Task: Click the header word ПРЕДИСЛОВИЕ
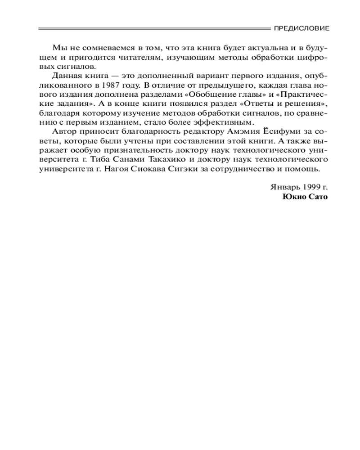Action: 301,28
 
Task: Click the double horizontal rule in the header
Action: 153,28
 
